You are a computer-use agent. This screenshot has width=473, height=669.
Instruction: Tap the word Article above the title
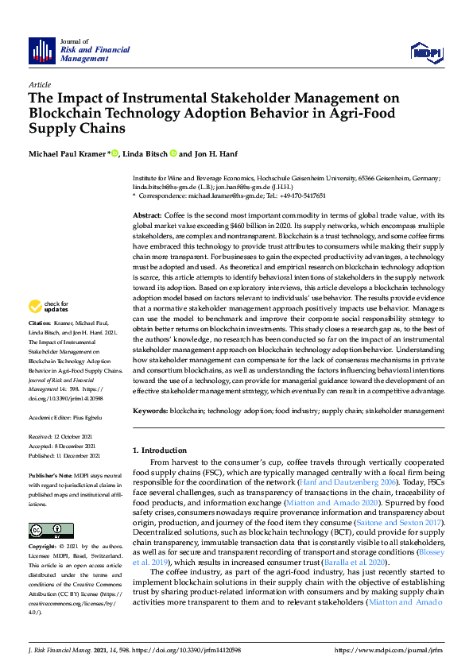click(39, 84)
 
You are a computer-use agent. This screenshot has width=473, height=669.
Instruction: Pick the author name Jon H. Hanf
click(215, 153)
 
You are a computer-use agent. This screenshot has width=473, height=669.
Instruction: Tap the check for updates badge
click(49, 306)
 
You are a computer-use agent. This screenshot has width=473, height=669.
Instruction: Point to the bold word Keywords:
click(151, 411)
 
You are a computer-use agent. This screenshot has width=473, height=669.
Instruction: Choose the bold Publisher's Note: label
click(49, 474)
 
